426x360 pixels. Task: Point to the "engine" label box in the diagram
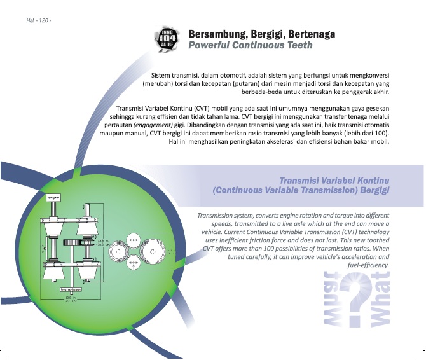(x=54, y=198)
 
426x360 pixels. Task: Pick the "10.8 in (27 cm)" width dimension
(x=71, y=299)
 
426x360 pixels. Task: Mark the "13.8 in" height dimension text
(x=99, y=240)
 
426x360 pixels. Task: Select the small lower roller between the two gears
(x=133, y=263)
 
